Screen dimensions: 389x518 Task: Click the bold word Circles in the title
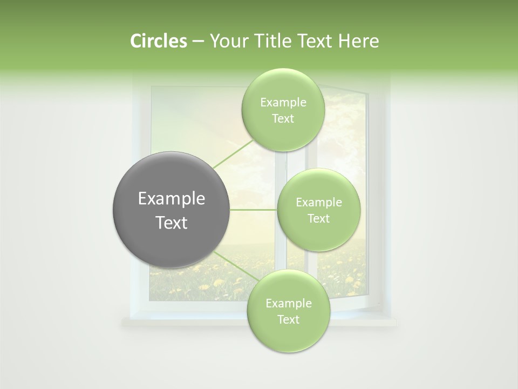click(158, 41)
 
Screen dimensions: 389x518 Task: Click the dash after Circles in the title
click(197, 42)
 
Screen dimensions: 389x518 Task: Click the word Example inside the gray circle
click(172, 199)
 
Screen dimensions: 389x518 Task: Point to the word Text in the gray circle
click(172, 223)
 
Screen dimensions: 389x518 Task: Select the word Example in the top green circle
click(283, 103)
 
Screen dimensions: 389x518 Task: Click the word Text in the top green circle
click(283, 119)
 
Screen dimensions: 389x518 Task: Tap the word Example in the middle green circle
click(318, 203)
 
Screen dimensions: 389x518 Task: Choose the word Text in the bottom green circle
click(288, 319)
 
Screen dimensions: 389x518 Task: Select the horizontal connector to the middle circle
click(254, 210)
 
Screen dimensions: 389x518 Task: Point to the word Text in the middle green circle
click(318, 219)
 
